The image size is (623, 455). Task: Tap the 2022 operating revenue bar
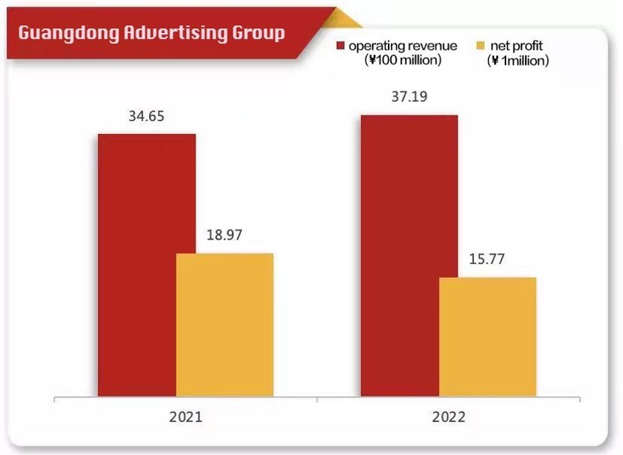pos(409,255)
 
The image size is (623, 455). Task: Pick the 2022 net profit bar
pos(487,337)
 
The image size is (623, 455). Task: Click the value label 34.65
pos(146,117)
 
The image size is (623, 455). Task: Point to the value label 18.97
pos(225,236)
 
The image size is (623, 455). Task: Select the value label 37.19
pos(409,97)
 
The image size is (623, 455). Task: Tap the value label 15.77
pos(487,260)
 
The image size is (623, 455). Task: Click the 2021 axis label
pos(186,416)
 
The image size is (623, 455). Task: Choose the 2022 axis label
pos(449,416)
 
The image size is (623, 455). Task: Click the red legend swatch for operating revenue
pos(341,46)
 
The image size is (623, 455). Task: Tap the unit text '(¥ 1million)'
pos(517,61)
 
